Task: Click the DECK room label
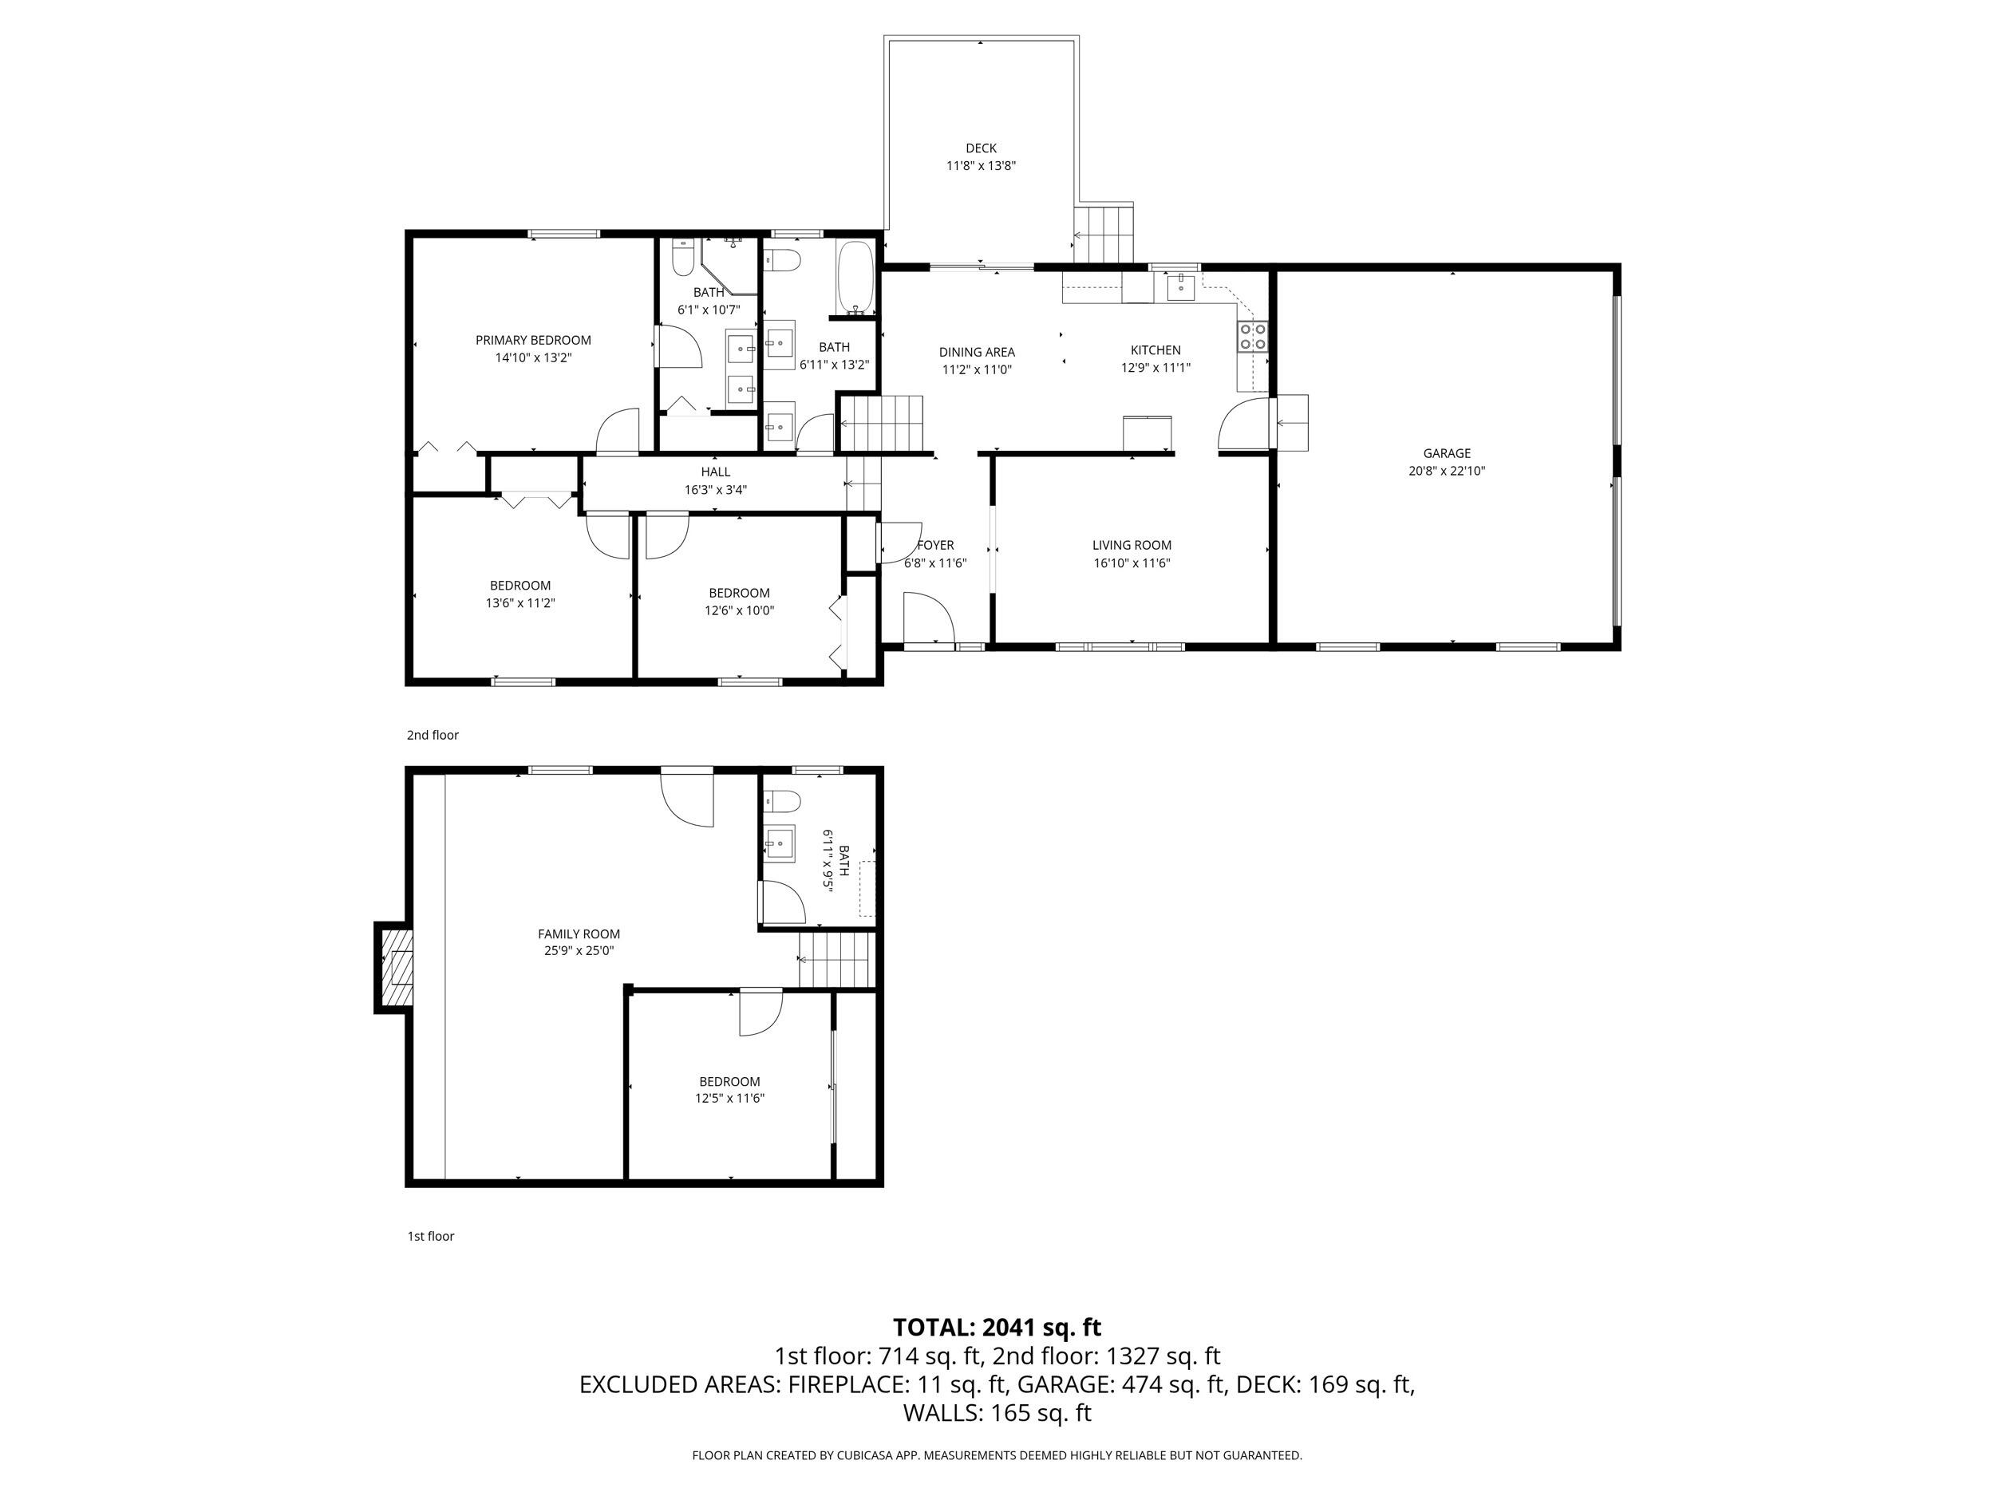(x=981, y=148)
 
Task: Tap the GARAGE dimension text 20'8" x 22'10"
(x=1447, y=471)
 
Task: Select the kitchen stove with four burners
(x=1253, y=337)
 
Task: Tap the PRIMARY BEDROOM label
(x=533, y=340)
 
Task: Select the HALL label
(x=715, y=472)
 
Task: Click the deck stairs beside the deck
(x=1102, y=235)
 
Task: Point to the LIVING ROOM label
(x=1131, y=545)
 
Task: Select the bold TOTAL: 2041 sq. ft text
(x=997, y=1328)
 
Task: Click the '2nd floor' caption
(x=432, y=735)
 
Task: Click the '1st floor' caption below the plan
(x=430, y=1237)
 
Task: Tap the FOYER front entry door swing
(x=929, y=618)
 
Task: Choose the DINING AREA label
(x=976, y=353)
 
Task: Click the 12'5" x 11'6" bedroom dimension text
(x=729, y=1099)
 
